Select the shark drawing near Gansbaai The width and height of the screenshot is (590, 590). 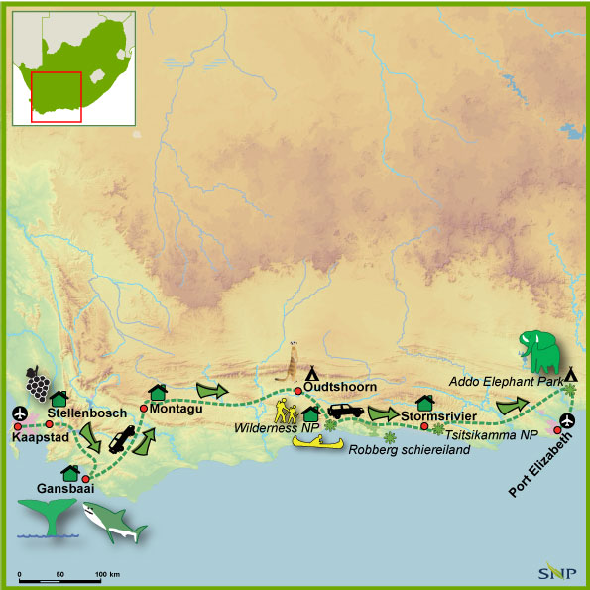118,521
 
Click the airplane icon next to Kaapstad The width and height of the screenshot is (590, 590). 18,413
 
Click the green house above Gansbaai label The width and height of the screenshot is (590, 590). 70,473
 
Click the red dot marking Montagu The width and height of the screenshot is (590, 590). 144,408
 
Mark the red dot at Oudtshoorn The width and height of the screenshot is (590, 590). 297,391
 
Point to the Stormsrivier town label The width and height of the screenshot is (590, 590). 438,415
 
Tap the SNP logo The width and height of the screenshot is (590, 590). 559,572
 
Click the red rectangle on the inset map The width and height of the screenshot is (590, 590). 56,96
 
